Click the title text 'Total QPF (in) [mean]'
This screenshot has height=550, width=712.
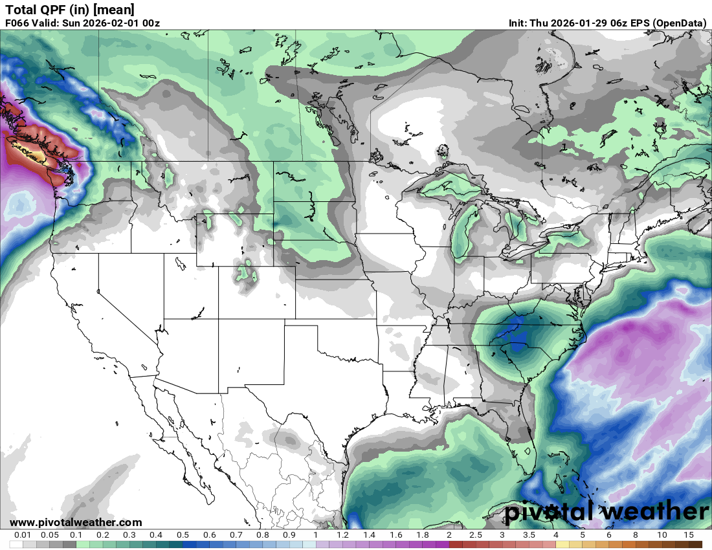point(70,10)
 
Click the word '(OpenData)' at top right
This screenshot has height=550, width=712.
point(679,23)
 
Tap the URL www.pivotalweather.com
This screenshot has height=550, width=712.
point(76,522)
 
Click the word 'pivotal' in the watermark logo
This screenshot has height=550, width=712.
point(550,512)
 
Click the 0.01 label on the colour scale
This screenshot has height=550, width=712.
point(23,535)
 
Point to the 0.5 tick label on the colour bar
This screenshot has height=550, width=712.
point(183,535)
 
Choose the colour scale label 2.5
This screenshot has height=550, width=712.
point(476,535)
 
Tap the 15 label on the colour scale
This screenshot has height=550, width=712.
point(688,535)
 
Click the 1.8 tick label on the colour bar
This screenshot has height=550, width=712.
point(423,535)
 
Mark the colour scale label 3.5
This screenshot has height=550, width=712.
point(529,535)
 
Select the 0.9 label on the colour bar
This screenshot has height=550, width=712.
point(289,535)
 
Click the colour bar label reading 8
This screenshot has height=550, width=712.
point(635,535)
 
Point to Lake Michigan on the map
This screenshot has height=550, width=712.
point(462,230)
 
